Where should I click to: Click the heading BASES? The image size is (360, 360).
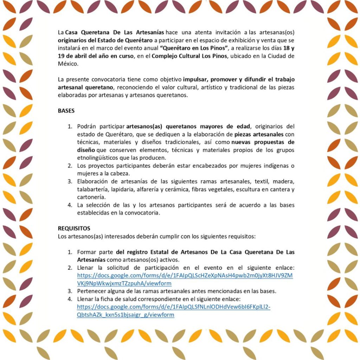66,111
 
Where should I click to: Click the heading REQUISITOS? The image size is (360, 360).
74,229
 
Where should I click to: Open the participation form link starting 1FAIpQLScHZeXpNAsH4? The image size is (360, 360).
185,275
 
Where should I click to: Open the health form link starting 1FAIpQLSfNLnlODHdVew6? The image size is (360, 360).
174,307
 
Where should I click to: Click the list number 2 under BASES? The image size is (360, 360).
70,166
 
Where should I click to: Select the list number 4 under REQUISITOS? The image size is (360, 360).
70,299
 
